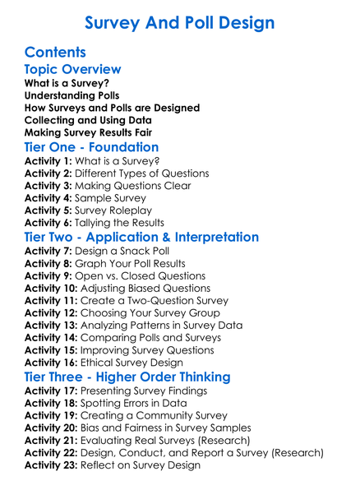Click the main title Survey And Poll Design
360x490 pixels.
pyautogui.click(x=180, y=21)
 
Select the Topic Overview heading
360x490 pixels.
pyautogui.click(x=72, y=70)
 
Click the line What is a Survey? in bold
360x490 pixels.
pyautogui.click(x=67, y=84)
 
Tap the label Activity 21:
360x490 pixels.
pyautogui.click(x=51, y=441)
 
